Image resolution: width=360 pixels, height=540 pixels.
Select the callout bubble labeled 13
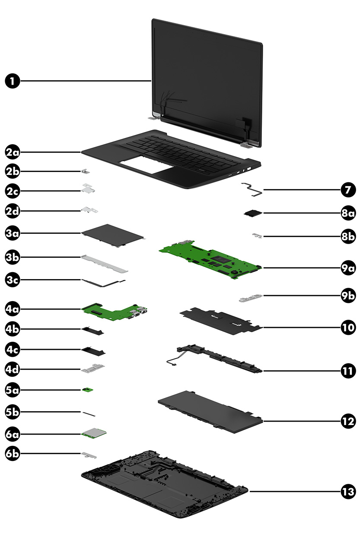347,492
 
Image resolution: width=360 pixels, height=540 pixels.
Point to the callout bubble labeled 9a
347,268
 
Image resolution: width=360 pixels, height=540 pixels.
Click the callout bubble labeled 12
347,421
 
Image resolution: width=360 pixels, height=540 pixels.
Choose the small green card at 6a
94,432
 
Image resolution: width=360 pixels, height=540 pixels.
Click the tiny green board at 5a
88,390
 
